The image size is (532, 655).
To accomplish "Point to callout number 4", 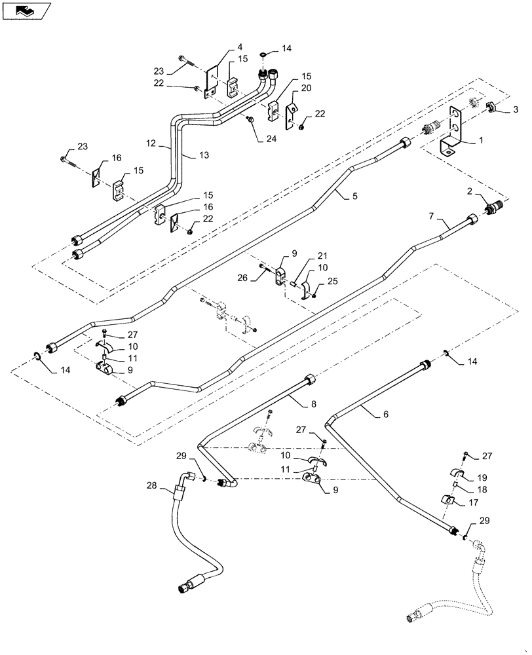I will [x=240, y=47].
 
